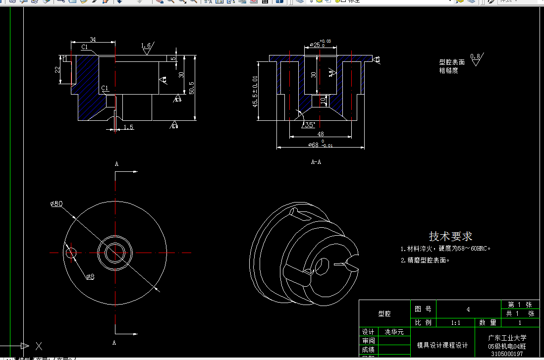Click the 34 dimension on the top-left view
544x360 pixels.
93,39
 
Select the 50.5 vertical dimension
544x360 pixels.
192,87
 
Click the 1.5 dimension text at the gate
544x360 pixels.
128,127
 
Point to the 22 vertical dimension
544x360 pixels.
57,69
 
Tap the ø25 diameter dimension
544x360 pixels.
316,45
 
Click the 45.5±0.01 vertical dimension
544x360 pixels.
255,91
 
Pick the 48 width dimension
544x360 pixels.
320,134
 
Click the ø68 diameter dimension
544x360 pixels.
315,145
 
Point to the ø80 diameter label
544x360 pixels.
56,204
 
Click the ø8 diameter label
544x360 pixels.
90,277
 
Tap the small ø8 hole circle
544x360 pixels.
71,253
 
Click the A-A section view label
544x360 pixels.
316,162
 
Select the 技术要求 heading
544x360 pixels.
450,237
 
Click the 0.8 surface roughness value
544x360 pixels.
475,56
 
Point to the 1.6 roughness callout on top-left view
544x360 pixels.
146,46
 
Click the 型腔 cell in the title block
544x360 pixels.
384,313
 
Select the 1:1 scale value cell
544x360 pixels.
455,322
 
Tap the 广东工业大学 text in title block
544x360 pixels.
507,338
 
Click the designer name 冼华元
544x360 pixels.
394,332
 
